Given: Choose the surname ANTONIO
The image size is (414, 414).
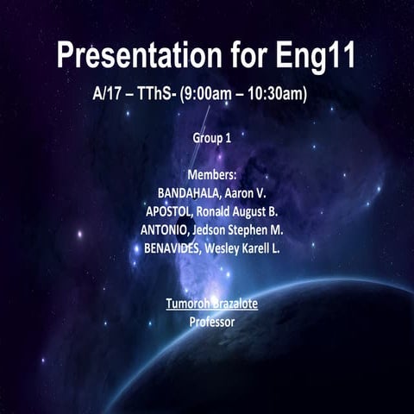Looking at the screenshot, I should [167, 230].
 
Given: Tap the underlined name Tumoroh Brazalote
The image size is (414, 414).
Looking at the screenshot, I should [211, 304].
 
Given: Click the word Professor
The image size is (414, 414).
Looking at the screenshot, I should [211, 322].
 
